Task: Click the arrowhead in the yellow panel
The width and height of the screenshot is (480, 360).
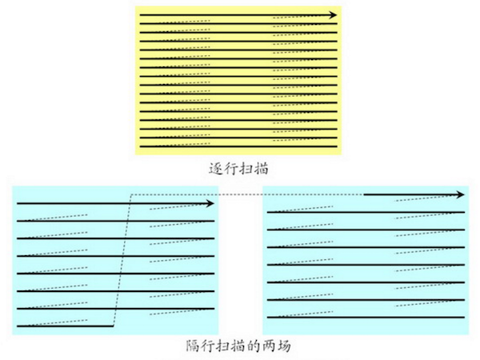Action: pos(332,15)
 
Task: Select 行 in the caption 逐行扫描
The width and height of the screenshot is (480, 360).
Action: pos(229,170)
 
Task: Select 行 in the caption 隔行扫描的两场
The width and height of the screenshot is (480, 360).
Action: pos(203,347)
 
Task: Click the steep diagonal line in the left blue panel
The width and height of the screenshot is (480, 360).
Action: pos(123,260)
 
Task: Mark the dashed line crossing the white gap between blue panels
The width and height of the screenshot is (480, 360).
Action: pos(240,194)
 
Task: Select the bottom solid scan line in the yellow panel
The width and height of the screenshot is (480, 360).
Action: pos(238,147)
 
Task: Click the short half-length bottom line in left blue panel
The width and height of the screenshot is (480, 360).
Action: pos(64,326)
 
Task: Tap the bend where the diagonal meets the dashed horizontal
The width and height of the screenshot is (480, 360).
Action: pos(133,194)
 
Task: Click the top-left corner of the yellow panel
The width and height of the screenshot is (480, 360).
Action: pos(134,7)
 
